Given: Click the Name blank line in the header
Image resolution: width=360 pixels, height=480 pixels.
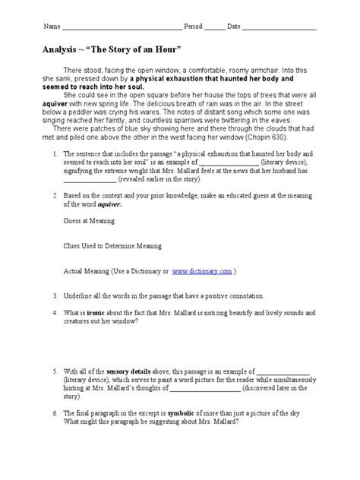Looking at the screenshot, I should coord(122,28).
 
